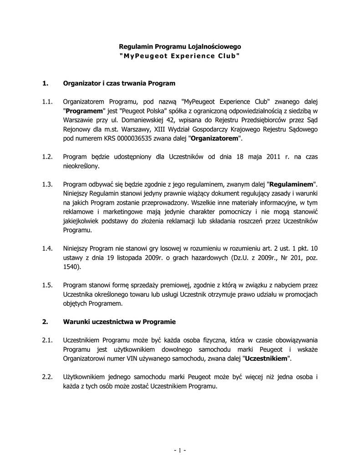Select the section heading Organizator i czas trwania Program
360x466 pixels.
tap(119, 83)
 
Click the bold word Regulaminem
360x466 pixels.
tap(292, 185)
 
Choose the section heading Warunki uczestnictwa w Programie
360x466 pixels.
tap(119, 322)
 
